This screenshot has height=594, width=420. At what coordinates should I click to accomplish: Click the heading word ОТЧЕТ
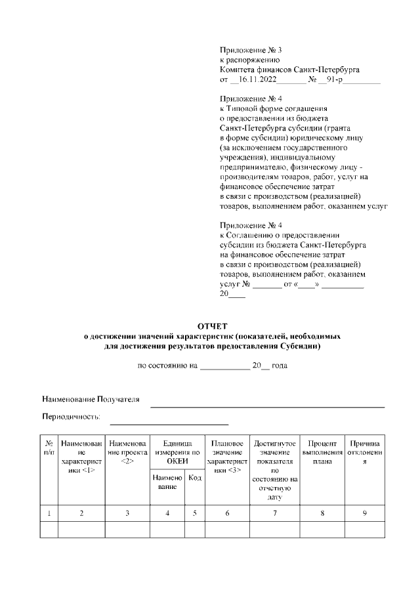tap(212, 326)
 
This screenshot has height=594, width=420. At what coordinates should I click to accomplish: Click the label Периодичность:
tap(71, 416)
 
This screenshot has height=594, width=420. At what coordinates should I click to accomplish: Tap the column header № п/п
tap(49, 448)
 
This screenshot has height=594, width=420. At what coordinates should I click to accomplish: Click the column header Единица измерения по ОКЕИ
tap(177, 448)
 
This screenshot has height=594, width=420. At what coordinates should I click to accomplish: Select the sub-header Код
tap(195, 478)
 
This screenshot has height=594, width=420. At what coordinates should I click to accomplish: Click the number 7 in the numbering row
tap(275, 513)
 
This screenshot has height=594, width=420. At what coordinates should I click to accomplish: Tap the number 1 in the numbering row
tap(49, 513)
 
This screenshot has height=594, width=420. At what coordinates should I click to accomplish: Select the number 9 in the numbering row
tap(364, 513)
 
